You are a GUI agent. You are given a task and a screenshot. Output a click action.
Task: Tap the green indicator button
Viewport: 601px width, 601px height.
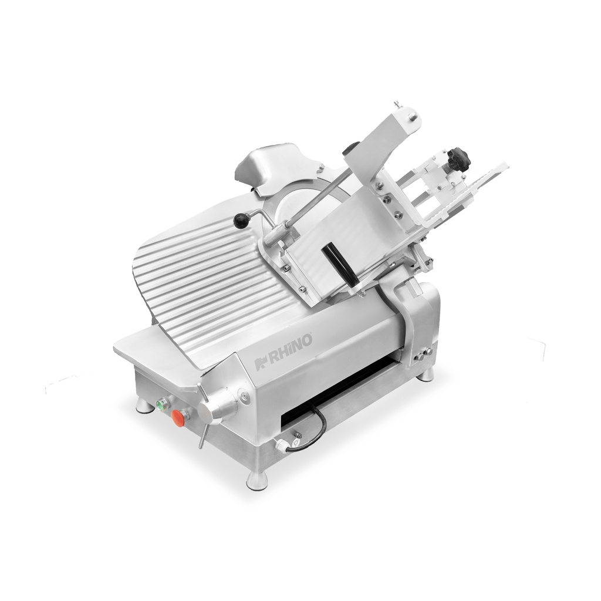click(x=161, y=403)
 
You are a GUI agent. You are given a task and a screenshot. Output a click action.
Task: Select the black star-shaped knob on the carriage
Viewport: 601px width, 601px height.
click(x=458, y=157)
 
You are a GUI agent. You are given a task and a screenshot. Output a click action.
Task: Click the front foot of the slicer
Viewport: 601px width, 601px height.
click(x=256, y=480)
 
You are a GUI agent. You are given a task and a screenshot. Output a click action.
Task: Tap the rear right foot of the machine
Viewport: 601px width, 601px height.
click(x=426, y=374)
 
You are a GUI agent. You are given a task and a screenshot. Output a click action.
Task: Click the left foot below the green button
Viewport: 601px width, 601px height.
click(x=143, y=406)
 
